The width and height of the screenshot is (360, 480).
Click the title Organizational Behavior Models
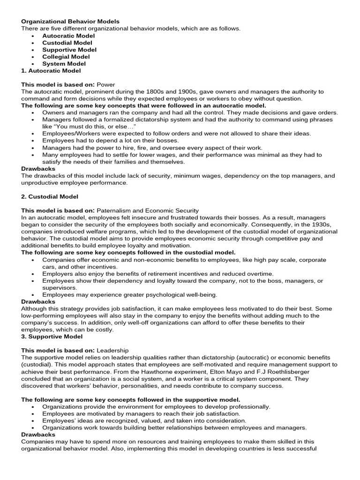70,22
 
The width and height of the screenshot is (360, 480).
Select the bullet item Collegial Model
66,57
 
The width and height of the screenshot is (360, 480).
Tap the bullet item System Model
64,64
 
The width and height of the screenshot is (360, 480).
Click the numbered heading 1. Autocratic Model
51,71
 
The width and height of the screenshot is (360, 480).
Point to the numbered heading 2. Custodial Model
50,196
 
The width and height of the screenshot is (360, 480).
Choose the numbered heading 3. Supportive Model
52,337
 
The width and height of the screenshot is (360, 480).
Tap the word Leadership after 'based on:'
112,351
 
